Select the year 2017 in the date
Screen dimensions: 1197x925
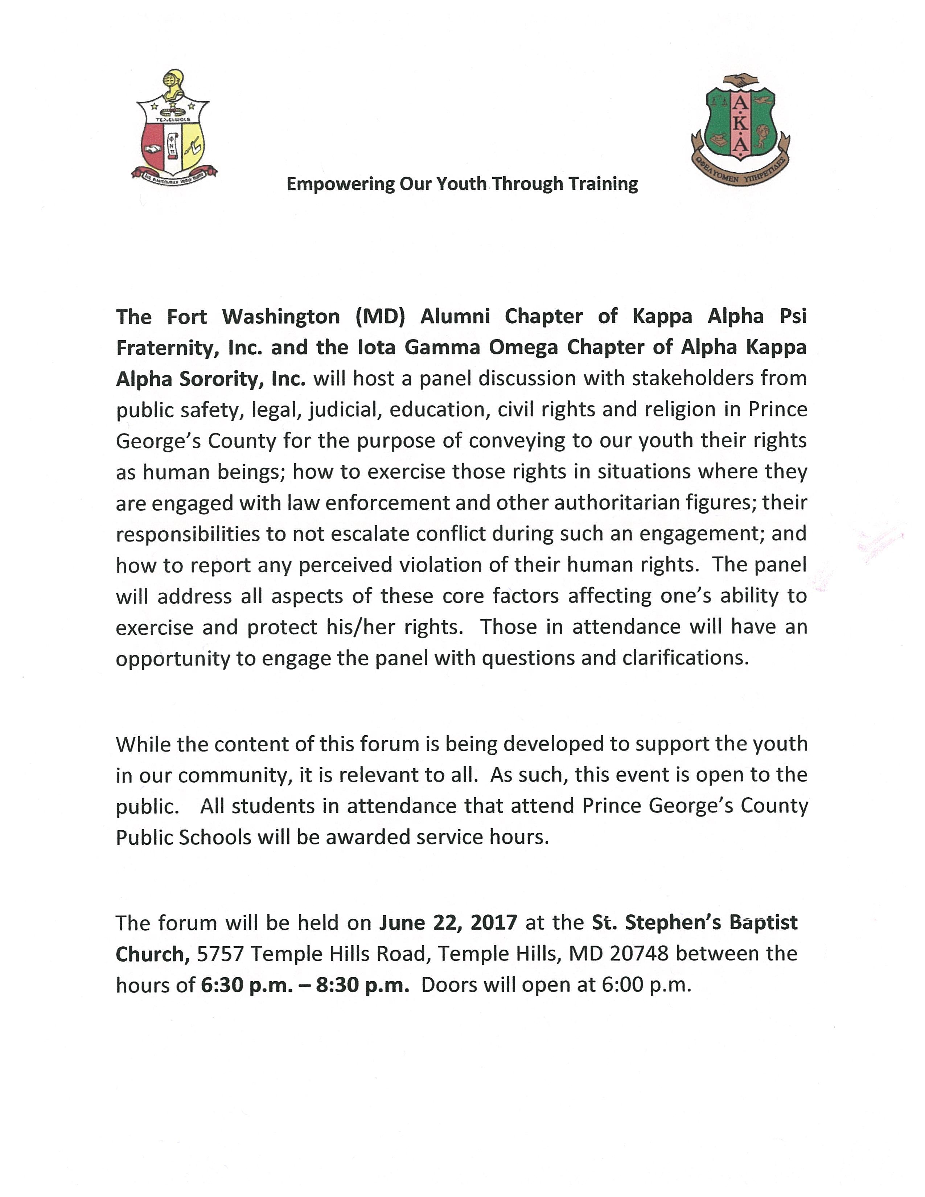[493, 922]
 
